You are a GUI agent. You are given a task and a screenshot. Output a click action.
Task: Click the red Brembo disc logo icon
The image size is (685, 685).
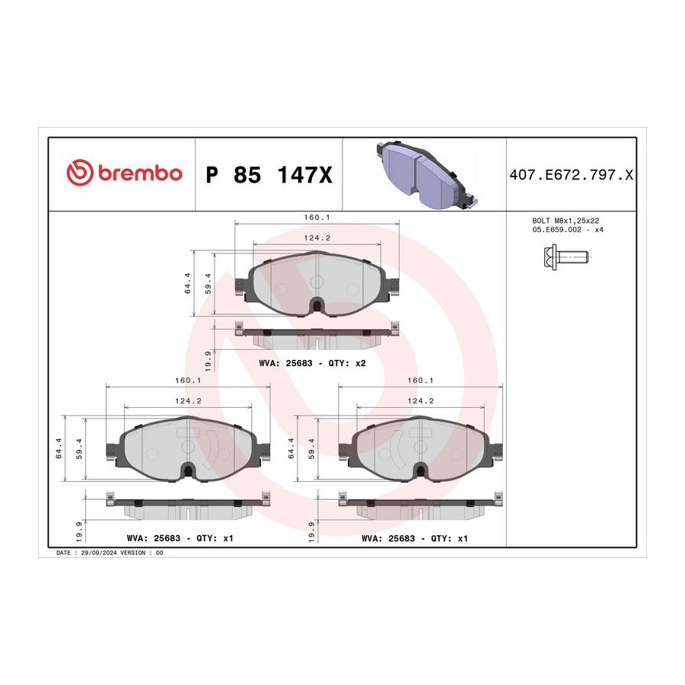80,172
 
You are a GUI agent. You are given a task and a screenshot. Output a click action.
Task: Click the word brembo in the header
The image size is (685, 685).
140,173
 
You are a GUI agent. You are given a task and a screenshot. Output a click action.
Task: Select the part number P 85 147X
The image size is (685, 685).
269,175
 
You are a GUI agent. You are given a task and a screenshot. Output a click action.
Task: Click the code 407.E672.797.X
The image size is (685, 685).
571,175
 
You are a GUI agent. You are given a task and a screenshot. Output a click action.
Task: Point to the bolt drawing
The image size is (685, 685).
566,257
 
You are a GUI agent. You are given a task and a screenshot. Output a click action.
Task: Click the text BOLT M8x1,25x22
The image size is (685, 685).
566,221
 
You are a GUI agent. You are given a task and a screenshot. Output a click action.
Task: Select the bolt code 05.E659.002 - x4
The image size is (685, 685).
568,229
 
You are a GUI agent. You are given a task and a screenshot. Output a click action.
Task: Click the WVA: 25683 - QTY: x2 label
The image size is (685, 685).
312,363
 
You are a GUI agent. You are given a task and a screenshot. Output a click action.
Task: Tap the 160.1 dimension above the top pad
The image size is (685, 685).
317,217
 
